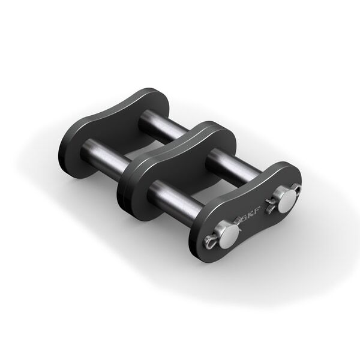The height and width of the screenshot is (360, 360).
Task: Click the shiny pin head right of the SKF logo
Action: [286, 200]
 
